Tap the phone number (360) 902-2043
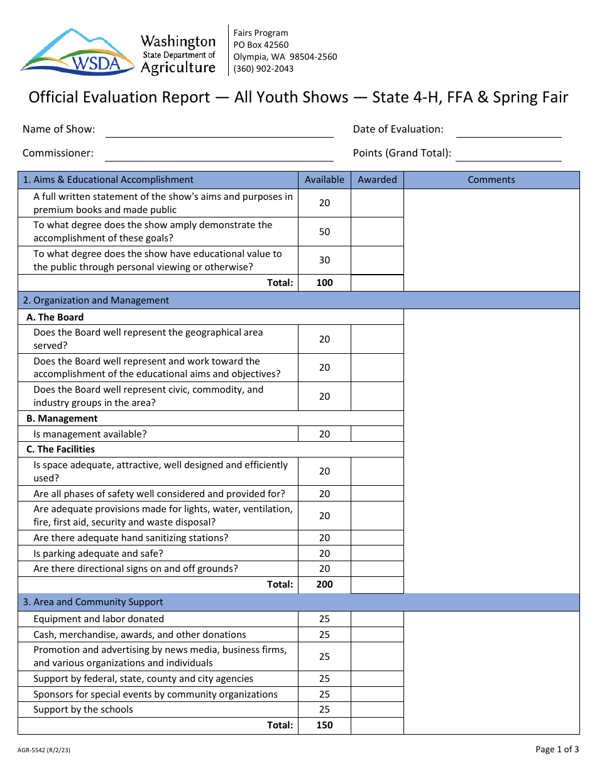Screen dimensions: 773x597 pos(263,69)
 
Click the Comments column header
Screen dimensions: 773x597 pos(491,180)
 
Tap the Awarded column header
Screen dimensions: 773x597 pos(377,180)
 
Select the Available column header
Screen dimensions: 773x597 pos(324,180)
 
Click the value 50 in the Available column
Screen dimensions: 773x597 pos(324,232)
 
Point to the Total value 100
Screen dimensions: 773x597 pos(324,283)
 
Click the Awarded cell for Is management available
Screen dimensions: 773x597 pos(377,434)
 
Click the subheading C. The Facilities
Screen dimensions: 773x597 pos(60,449)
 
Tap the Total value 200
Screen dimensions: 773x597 pos(324,584)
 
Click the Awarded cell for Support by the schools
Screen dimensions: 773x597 pos(377,710)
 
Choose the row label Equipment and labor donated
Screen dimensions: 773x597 pos(99,619)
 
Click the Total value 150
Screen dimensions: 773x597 pos(324,725)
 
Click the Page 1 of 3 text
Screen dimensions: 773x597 pos(557,749)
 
